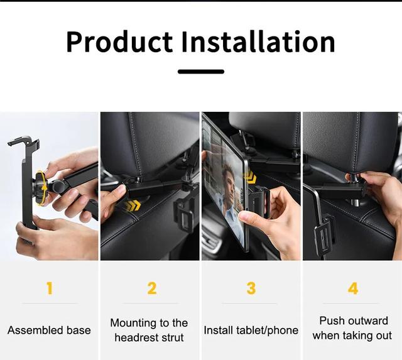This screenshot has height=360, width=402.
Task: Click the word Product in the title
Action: pos(119,42)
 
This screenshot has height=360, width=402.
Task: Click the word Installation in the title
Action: pos(258,41)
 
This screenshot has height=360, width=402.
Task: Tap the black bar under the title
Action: pos(201,72)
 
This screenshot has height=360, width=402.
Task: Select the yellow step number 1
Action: pos(50,288)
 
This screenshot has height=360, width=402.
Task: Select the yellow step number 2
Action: pos(152,288)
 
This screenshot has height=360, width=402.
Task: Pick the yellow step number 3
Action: pos(251,288)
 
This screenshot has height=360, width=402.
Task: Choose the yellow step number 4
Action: pos(353,288)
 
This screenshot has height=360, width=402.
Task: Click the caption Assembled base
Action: pos(49,330)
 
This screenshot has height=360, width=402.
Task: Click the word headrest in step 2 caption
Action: pos(136,337)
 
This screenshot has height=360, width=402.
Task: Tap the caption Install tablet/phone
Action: pos(251,330)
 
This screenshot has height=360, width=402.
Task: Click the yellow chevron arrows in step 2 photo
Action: pos(133,205)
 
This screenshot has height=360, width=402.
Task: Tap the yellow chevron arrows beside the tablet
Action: pos(249,177)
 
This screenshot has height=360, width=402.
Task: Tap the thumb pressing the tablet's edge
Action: pos(247,217)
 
